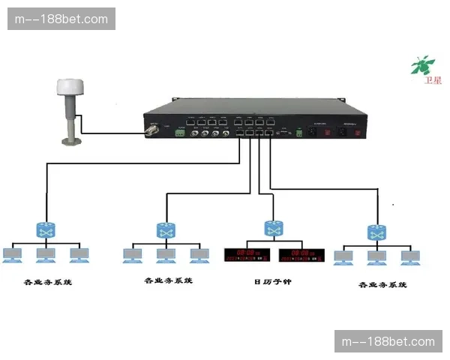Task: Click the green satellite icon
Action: click(x=422, y=65)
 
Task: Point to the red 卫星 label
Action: click(x=433, y=79)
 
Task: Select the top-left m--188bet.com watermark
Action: click(x=62, y=19)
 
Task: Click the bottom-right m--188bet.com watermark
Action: click(x=387, y=341)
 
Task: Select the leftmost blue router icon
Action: click(x=46, y=229)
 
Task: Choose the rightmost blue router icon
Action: click(x=376, y=232)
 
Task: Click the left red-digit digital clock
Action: click(x=247, y=255)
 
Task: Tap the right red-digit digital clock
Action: click(x=301, y=255)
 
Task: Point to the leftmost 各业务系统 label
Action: click(x=48, y=283)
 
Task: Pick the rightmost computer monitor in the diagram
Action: click(x=409, y=257)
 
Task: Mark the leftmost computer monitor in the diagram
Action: click(x=13, y=255)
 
